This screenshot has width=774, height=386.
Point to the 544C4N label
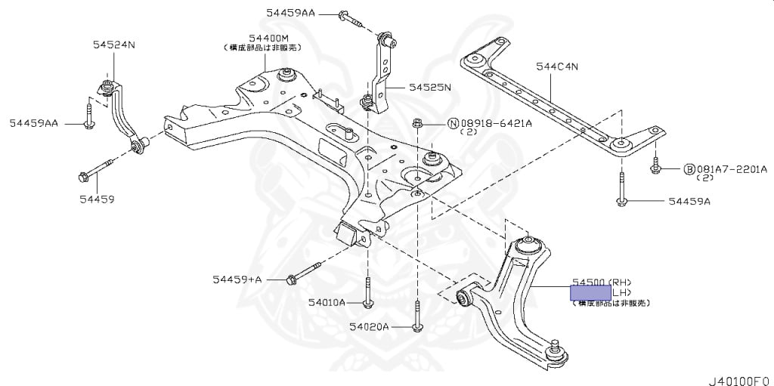click(x=557, y=66)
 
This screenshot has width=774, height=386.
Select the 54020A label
click(x=369, y=327)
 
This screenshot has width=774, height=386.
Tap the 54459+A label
click(x=237, y=279)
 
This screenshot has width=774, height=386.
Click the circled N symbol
click(x=453, y=123)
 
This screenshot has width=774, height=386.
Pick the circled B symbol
click(x=689, y=169)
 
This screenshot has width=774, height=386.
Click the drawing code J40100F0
click(x=740, y=375)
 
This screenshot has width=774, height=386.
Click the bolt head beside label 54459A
click(x=620, y=202)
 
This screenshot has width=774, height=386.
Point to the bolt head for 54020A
click(x=416, y=326)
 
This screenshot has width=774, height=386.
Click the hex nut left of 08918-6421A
click(x=416, y=122)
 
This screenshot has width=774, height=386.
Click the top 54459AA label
click(x=290, y=13)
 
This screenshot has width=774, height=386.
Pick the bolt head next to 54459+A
click(x=291, y=280)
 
